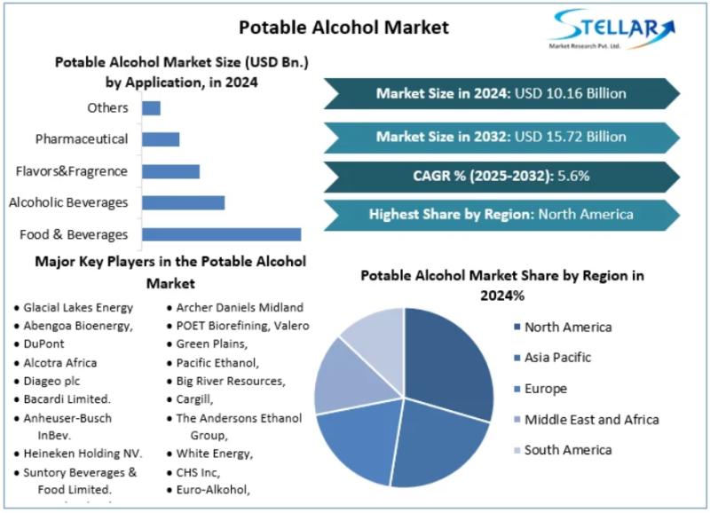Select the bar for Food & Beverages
coord(221,234)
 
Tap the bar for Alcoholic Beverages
coord(183,202)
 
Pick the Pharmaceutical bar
coord(161,139)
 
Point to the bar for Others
coord(151,108)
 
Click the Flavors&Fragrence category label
coord(72,171)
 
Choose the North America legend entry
coord(567,327)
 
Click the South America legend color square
coord(515,450)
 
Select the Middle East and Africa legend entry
coord(591,419)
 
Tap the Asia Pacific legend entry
coord(557,358)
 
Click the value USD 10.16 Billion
coord(571,93)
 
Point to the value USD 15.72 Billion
coord(571,137)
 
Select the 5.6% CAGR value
coord(573,176)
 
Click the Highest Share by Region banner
coord(501,214)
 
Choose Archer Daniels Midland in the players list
coord(240,307)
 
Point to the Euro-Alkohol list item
coord(213,489)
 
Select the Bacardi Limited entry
coord(67,399)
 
